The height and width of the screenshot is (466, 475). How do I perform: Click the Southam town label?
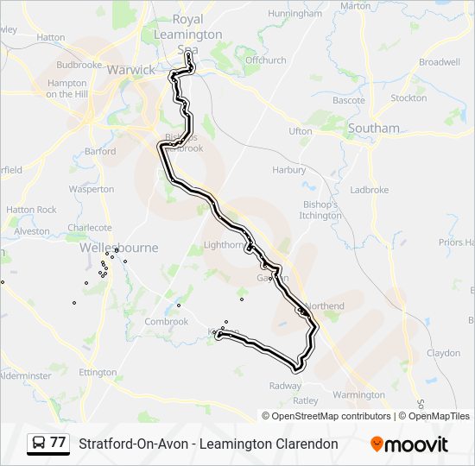pyautogui.click(x=374, y=129)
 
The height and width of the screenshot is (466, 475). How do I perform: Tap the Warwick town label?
pyautogui.click(x=131, y=70)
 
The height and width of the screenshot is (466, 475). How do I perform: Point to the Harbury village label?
pyautogui.click(x=288, y=170)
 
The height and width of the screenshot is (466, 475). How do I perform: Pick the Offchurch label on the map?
pyautogui.click(x=265, y=60)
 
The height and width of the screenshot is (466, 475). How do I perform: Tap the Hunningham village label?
pyautogui.click(x=294, y=15)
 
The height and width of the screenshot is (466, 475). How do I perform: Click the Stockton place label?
pyautogui.click(x=408, y=98)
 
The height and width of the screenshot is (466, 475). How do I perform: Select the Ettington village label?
pyautogui.click(x=98, y=373)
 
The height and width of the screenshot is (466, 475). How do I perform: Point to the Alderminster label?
pyautogui.click(x=25, y=375)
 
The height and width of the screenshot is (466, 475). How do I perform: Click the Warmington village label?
pyautogui.click(x=358, y=394)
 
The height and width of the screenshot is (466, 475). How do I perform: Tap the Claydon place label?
pyautogui.click(x=444, y=353)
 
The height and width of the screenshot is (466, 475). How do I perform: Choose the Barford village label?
pyautogui.click(x=100, y=151)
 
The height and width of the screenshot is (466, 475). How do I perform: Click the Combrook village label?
pyautogui.click(x=166, y=322)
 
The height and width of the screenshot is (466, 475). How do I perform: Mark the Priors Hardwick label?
pyautogui.click(x=456, y=243)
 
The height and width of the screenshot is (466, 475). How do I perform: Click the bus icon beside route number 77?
pyautogui.click(x=39, y=444)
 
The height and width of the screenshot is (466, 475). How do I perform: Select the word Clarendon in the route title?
pyautogui.click(x=302, y=444)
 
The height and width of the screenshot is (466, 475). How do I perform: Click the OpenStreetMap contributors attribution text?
pyautogui.click(x=327, y=416)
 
